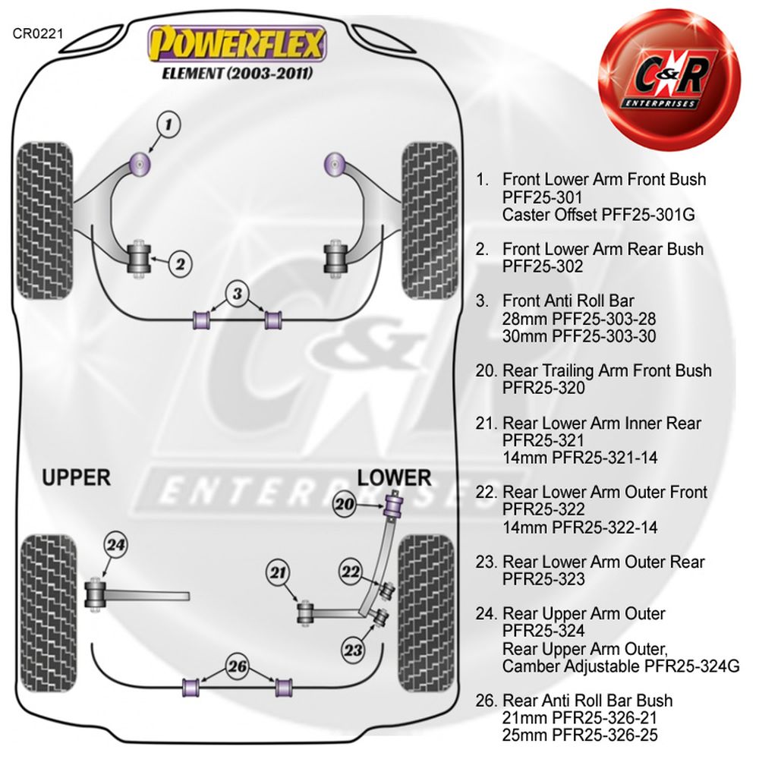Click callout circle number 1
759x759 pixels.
[x=169, y=123]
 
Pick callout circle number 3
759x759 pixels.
[x=238, y=293]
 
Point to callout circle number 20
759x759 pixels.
[x=345, y=504]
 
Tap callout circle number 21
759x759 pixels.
[x=279, y=573]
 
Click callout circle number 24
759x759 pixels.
[x=117, y=544]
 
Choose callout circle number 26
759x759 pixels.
[x=238, y=667]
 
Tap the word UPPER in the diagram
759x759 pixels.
[x=76, y=477]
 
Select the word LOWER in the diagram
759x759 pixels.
[x=394, y=477]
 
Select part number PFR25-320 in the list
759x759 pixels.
[x=543, y=388]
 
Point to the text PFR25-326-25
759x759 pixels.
[x=580, y=734]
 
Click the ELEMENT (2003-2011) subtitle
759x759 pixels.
[x=238, y=74]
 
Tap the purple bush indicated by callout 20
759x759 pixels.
[x=394, y=504]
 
